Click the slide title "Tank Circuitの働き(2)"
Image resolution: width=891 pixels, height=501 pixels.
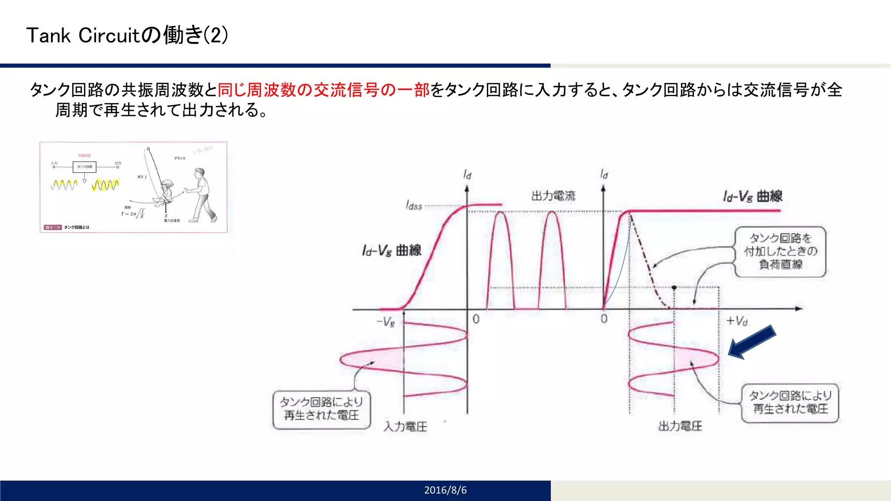tap(127, 35)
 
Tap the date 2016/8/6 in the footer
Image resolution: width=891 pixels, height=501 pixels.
tap(445, 490)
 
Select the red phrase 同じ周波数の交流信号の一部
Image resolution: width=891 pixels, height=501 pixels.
tap(323, 90)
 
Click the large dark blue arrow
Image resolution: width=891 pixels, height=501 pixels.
tap(751, 342)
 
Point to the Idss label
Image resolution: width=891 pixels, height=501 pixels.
tap(414, 205)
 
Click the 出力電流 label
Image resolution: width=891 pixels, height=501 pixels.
tap(553, 196)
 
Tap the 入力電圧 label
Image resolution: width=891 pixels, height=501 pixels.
tap(405, 427)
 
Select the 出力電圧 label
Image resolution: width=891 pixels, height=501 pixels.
tap(680, 426)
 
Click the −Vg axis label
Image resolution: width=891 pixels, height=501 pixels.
tap(385, 322)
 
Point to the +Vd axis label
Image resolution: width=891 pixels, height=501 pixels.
tap(737, 321)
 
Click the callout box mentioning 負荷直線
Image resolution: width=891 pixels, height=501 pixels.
tap(780, 251)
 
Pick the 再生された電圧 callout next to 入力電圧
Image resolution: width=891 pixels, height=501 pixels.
tap(322, 409)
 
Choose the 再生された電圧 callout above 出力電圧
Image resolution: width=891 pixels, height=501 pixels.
tap(790, 402)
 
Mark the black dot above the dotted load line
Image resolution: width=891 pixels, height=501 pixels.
tap(674, 287)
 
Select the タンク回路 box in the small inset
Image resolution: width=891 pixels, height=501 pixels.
tap(84, 167)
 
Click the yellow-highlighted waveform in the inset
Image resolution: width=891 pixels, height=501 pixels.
tap(105, 185)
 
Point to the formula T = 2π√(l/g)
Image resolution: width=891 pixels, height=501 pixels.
tap(133, 214)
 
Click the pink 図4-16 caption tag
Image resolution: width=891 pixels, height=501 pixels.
tap(53, 227)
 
